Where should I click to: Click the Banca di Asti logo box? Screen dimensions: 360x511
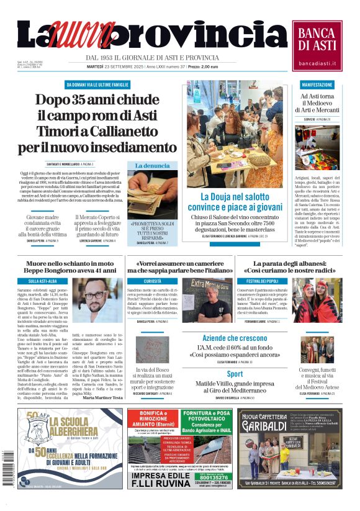pos(317,45)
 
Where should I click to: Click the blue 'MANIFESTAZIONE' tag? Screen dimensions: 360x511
pos(317,84)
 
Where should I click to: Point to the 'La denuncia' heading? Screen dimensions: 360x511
pos(152,166)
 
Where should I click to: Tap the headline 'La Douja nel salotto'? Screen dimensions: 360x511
pos(236,197)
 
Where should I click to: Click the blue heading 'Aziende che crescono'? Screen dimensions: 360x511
pos(235,338)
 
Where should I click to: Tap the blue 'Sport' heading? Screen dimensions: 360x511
pos(235,374)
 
